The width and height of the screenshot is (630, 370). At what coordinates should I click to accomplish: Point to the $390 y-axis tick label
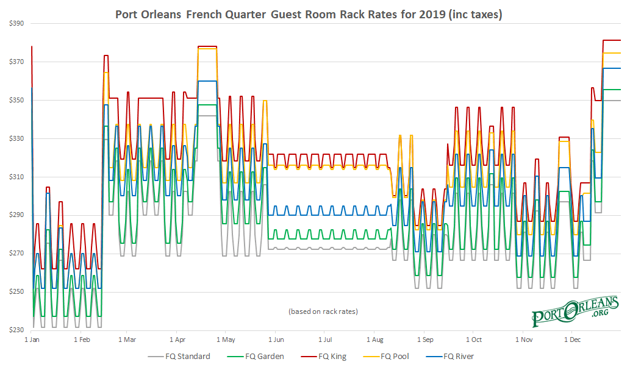16,24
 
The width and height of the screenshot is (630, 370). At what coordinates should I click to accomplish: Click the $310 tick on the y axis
16,177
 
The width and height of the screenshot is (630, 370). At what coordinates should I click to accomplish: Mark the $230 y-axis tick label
16,330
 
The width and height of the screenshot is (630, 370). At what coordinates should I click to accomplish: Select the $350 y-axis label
16,100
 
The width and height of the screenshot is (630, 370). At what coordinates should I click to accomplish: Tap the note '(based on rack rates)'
323,311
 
